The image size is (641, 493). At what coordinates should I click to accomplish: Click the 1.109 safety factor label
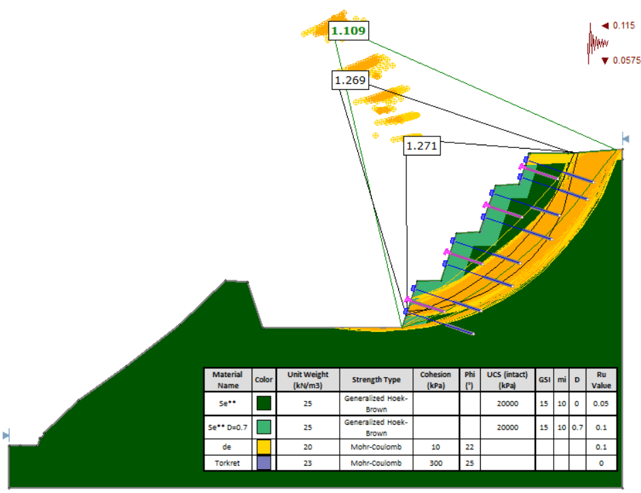click(x=348, y=31)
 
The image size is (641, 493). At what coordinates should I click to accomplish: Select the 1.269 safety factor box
click(x=350, y=80)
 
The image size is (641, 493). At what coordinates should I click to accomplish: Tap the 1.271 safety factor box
click(x=421, y=145)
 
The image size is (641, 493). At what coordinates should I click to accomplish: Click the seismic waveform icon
click(x=596, y=44)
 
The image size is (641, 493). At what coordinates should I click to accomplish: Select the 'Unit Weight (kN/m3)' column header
click(x=308, y=379)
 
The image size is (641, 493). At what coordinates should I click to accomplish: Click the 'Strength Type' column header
click(x=376, y=379)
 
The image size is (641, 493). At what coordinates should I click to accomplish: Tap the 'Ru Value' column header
click(x=601, y=379)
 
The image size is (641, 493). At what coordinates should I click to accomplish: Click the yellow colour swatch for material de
click(x=263, y=447)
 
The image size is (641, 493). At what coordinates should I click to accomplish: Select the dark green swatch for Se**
click(x=263, y=403)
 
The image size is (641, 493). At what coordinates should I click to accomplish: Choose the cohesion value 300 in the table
click(x=435, y=463)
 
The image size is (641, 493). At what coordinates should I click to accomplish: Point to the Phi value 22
click(x=468, y=447)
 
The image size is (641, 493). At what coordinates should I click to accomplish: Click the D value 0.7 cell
click(x=577, y=428)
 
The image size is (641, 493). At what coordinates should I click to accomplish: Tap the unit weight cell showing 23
click(x=308, y=463)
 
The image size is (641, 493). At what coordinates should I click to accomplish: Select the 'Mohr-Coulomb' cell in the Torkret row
click(x=376, y=463)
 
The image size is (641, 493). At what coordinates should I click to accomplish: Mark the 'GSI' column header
click(x=544, y=379)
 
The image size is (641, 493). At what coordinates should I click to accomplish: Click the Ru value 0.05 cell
click(x=601, y=403)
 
